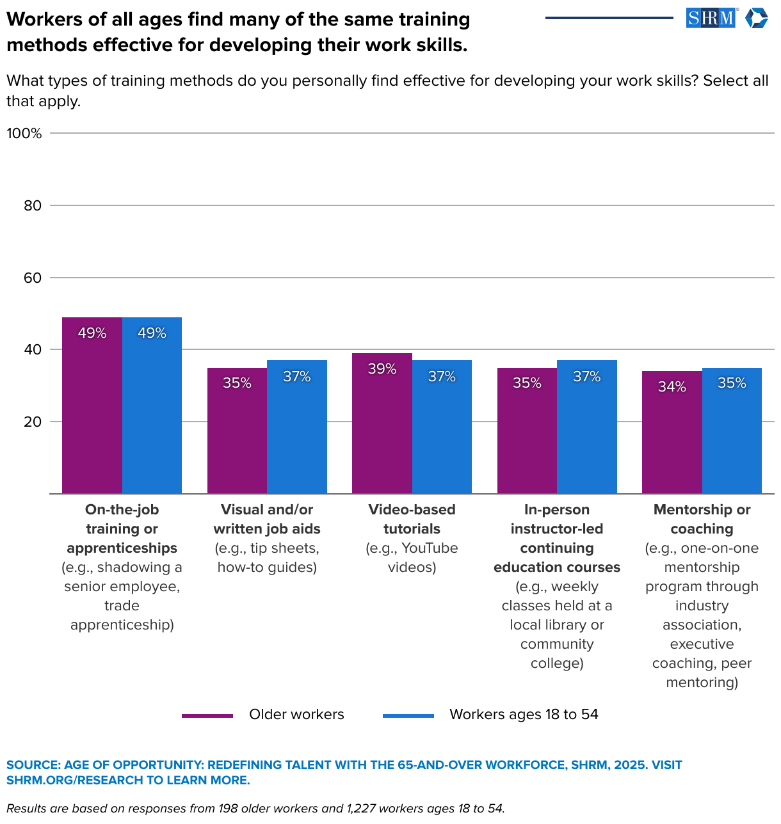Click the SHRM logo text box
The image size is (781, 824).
711,18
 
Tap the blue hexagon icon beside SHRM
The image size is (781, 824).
757,18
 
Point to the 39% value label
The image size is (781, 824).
382,369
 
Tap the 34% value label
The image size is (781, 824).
672,386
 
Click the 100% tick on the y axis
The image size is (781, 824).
24,133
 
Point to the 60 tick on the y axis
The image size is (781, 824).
33,278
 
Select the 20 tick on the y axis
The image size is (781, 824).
33,422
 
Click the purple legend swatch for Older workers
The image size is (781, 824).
207,715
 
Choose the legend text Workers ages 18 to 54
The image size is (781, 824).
524,715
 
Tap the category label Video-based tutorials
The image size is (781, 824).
412,519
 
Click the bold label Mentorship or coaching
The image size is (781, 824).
702,519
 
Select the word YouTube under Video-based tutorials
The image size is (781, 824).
430,548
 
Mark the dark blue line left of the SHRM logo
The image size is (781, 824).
609,18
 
